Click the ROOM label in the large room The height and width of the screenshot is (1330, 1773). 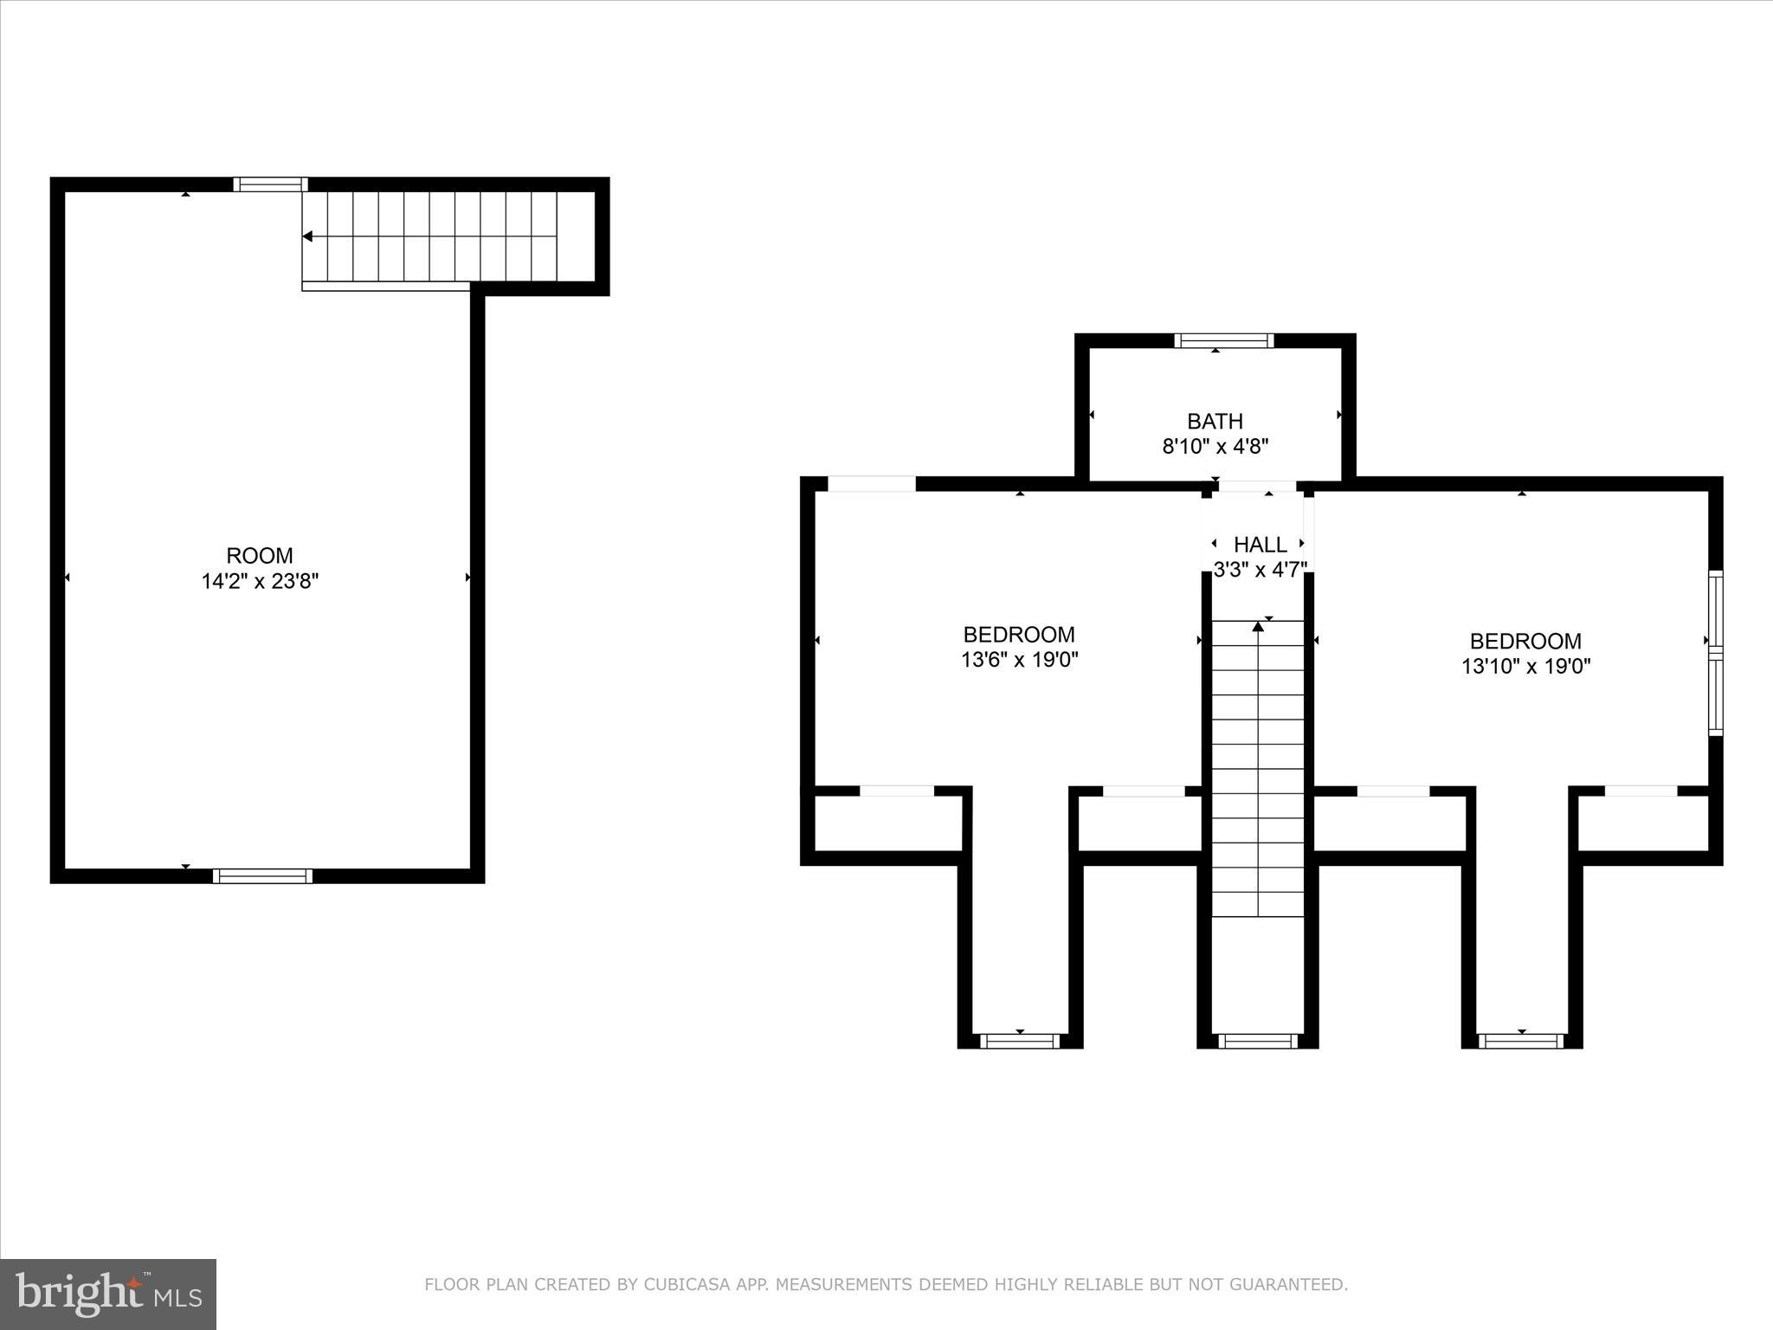click(260, 556)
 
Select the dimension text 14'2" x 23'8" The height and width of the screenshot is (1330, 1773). click(260, 581)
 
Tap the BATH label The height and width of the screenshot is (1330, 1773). click(1215, 422)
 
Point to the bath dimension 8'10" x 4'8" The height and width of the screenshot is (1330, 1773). click(1215, 447)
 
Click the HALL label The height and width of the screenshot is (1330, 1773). click(1260, 545)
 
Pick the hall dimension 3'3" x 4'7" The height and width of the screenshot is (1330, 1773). click(1260, 570)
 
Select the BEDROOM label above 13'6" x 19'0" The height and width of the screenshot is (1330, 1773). click(1019, 635)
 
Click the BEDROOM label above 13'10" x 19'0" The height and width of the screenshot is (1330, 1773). click(1525, 642)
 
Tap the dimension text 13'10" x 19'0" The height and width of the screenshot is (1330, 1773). click(1525, 667)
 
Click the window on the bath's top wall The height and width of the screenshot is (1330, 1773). click(1223, 340)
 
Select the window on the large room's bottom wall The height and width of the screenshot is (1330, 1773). click(262, 875)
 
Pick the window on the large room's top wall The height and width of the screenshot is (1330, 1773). click(270, 184)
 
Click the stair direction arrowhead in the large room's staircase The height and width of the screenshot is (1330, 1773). click(307, 236)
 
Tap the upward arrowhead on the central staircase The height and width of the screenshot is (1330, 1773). click(1258, 626)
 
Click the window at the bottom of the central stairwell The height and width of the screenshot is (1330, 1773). click(1258, 1041)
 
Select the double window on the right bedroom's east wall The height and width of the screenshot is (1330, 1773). click(1715, 654)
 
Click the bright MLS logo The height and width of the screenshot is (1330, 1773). click(108, 1294)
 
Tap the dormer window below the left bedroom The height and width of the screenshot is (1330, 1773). click(1020, 1041)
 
